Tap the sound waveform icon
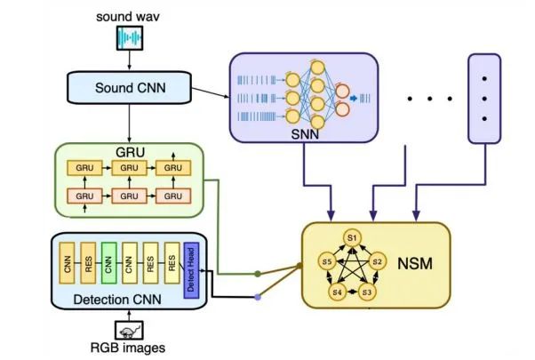[131, 38]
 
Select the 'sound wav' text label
[131, 15]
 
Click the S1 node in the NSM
[352, 237]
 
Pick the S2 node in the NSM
[376, 262]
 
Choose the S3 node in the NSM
[367, 291]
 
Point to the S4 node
[336, 291]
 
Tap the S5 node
[327, 262]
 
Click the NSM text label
[415, 264]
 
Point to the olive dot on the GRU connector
[259, 275]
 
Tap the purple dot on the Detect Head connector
[259, 297]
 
